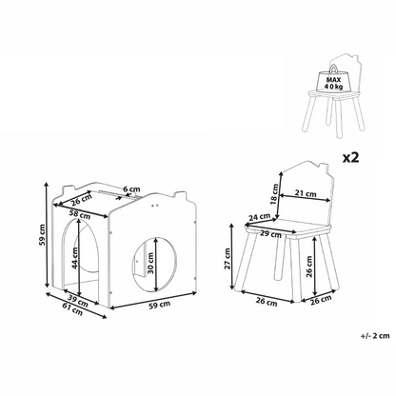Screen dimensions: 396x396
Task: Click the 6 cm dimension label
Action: (x=131, y=189)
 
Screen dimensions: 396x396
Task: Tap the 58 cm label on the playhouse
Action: (x=80, y=215)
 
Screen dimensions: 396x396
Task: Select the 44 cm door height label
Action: (x=74, y=258)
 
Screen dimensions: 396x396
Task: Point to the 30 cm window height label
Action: (x=150, y=263)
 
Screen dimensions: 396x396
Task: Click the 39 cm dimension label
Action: (x=77, y=302)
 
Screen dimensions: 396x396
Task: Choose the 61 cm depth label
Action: (x=72, y=309)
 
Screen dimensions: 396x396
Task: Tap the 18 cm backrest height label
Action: (x=275, y=194)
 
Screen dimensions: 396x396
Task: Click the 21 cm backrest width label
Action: (x=306, y=193)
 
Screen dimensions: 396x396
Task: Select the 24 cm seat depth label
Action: (x=260, y=217)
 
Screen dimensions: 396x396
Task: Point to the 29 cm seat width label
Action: (x=270, y=234)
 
